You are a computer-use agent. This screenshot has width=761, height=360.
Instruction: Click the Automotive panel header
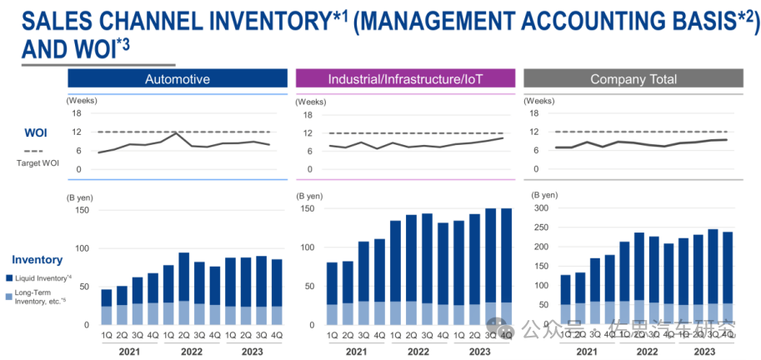[x=177, y=79]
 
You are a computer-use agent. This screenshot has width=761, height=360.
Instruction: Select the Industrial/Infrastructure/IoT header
[x=405, y=79]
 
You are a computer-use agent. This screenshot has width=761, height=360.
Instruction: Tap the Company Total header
[x=633, y=79]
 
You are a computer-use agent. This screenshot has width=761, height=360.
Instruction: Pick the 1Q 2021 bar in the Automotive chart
[x=107, y=307]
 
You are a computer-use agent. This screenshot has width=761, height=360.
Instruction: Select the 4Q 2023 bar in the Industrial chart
[x=505, y=267]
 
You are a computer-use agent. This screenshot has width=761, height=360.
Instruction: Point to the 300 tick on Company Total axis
[x=541, y=208]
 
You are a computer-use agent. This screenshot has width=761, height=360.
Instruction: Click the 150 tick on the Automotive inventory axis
[x=81, y=210]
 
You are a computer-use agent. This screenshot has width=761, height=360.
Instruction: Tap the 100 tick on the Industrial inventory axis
[x=309, y=247]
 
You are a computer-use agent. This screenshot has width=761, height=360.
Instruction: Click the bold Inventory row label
[x=37, y=260]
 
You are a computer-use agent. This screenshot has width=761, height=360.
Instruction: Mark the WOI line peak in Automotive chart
[x=176, y=132]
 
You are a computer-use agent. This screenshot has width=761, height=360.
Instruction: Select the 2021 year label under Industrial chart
[x=355, y=352]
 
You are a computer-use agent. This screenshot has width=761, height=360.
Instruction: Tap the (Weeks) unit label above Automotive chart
[x=82, y=100]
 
